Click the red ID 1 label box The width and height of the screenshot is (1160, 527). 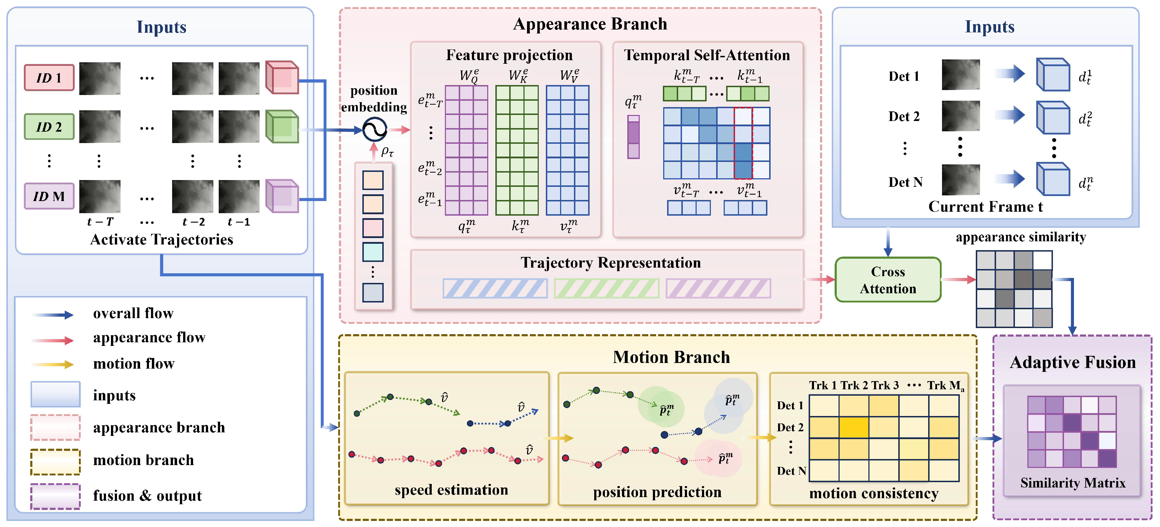click(49, 78)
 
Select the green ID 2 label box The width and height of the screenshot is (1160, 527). click(49, 127)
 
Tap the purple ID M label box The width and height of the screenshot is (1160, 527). click(49, 196)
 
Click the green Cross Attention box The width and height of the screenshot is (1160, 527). click(888, 280)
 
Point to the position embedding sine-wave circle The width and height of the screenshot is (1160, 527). click(375, 130)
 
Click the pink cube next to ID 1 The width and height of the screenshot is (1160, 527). click(282, 78)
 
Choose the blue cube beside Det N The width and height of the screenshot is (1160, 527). click(1053, 179)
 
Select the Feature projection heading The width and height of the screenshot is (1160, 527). click(509, 55)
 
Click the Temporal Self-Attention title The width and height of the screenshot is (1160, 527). click(707, 55)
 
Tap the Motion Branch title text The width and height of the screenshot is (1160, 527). click(671, 357)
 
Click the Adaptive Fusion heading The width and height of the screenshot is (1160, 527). click(1073, 362)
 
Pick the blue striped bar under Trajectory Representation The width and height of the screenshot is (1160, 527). click(495, 288)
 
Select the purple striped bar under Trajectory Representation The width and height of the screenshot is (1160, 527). click(718, 288)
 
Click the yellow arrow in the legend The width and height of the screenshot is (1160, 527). click(52, 364)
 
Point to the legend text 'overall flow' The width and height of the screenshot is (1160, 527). click(133, 313)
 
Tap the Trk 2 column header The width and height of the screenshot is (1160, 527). click(854, 386)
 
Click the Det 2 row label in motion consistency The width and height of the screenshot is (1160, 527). click(790, 427)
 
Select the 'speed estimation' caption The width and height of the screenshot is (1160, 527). click(451, 490)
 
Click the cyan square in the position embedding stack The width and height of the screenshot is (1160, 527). click(373, 252)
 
